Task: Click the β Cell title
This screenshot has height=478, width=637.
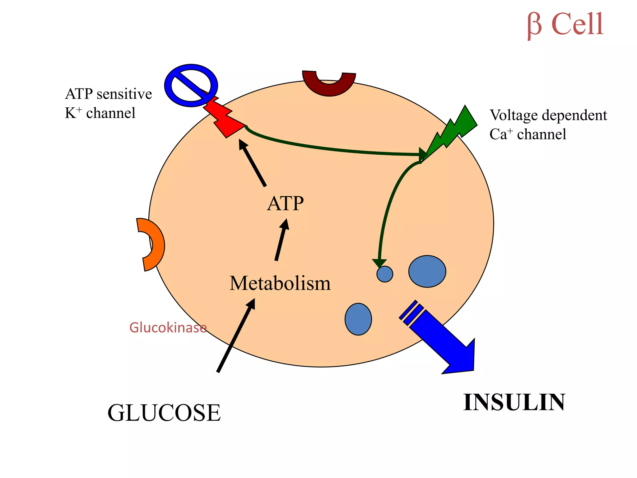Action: pyautogui.click(x=565, y=25)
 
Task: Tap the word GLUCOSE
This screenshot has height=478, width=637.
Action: pyautogui.click(x=164, y=413)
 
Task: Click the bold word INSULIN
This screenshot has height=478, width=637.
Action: pyautogui.click(x=514, y=403)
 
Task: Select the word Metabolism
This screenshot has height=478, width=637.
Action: pyautogui.click(x=280, y=284)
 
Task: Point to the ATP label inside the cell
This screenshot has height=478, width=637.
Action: pyautogui.click(x=285, y=204)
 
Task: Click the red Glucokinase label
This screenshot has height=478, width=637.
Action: pyautogui.click(x=168, y=328)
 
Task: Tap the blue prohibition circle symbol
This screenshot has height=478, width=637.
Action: pyautogui.click(x=191, y=86)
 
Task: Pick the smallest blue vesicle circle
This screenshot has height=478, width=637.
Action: pyautogui.click(x=385, y=274)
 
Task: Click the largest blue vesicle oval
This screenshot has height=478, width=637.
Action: pyautogui.click(x=427, y=271)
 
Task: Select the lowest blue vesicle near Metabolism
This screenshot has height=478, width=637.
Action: pyautogui.click(x=358, y=319)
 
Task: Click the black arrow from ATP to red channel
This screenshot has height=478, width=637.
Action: pyautogui.click(x=253, y=163)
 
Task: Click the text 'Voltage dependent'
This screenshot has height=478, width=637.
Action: pyautogui.click(x=548, y=115)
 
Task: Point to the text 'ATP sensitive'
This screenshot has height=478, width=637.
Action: pyautogui.click(x=109, y=94)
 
